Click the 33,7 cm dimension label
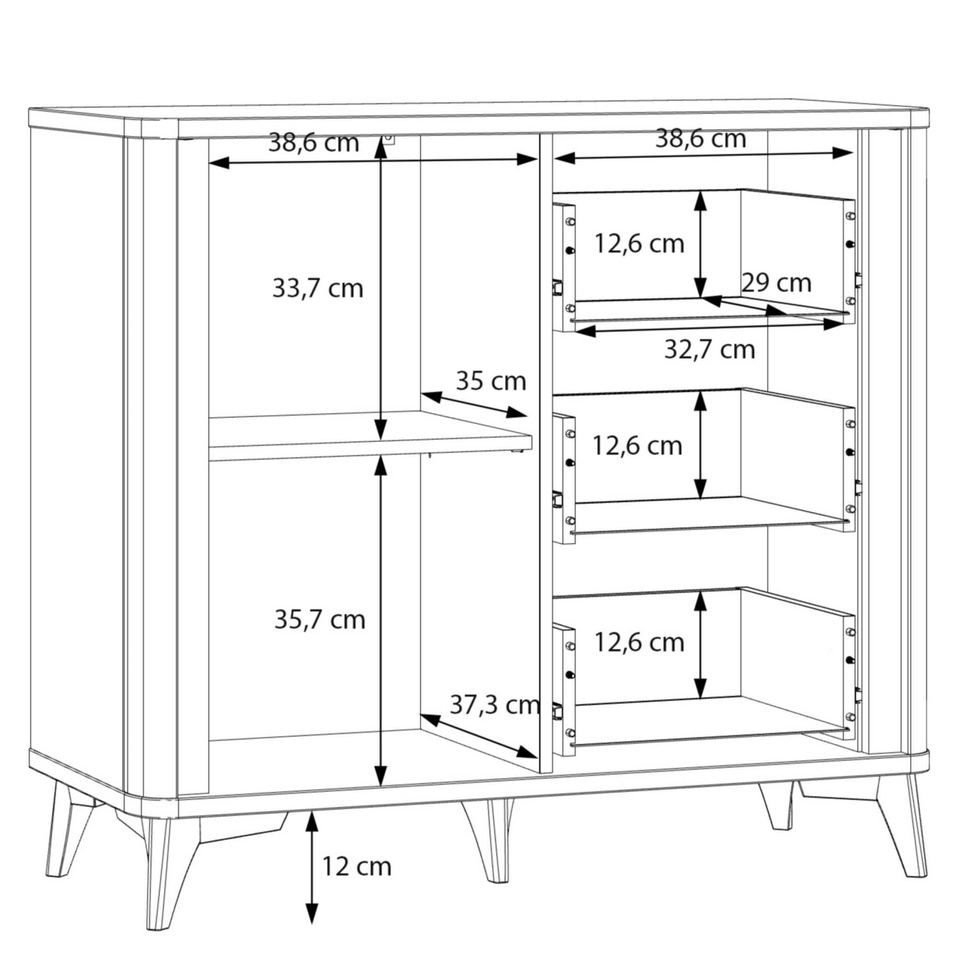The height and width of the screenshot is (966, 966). pos(318,289)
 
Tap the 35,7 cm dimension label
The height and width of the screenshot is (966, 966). pos(320,620)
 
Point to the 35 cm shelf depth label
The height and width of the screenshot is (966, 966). pos(491,381)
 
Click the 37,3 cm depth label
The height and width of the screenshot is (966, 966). pos(495,705)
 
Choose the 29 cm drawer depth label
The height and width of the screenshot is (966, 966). pos(777,283)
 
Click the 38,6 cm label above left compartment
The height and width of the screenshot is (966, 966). pos(313,142)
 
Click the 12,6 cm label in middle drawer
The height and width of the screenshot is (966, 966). pos(637,446)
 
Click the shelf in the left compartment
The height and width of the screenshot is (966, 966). pos(371,435)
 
